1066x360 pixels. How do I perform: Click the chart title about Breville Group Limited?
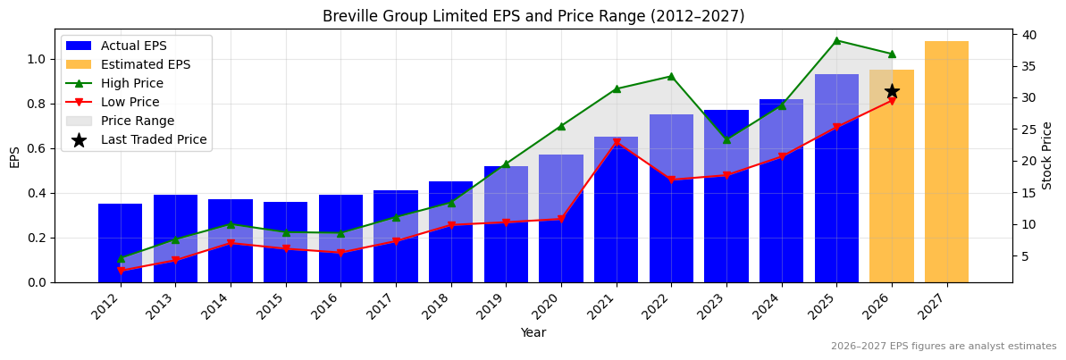[x=533, y=16]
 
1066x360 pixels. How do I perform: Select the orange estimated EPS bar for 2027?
[x=946, y=162]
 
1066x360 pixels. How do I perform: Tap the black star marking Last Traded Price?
[x=892, y=91]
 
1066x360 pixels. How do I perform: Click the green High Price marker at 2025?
[x=836, y=40]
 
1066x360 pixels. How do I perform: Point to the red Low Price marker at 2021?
[x=617, y=143]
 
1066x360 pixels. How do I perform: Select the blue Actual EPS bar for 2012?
[x=120, y=243]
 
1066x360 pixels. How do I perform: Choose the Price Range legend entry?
[x=137, y=121]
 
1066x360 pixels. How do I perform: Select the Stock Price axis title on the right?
[x=1047, y=155]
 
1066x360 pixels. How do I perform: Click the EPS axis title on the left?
[x=14, y=156]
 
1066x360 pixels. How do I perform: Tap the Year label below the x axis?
[x=533, y=332]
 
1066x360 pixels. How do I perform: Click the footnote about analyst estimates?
[x=943, y=347]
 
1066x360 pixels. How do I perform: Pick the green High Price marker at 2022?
[x=671, y=76]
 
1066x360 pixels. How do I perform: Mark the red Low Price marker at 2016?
[x=340, y=253]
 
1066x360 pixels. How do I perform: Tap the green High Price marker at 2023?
[x=726, y=139]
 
